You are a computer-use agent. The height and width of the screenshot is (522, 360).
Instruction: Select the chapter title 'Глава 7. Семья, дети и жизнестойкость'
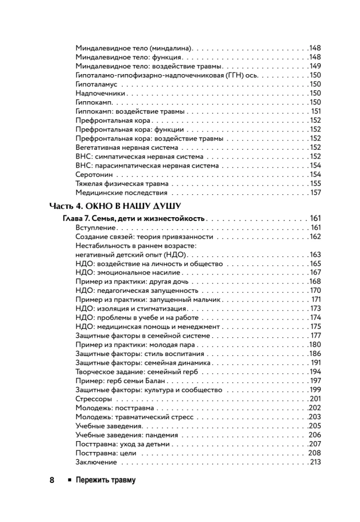coord(134,218)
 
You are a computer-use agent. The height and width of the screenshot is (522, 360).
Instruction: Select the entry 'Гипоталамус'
coord(98,84)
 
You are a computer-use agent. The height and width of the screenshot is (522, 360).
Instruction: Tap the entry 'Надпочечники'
coord(100,93)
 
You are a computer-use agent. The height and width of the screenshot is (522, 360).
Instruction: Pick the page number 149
coord(314,66)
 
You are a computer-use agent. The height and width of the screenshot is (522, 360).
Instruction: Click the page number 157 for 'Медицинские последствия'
coord(315,193)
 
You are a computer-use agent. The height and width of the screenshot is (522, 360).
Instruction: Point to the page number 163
coord(314,255)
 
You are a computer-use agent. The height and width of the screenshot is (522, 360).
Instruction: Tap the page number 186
coord(314,354)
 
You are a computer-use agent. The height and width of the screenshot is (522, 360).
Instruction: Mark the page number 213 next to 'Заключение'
coord(315,462)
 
